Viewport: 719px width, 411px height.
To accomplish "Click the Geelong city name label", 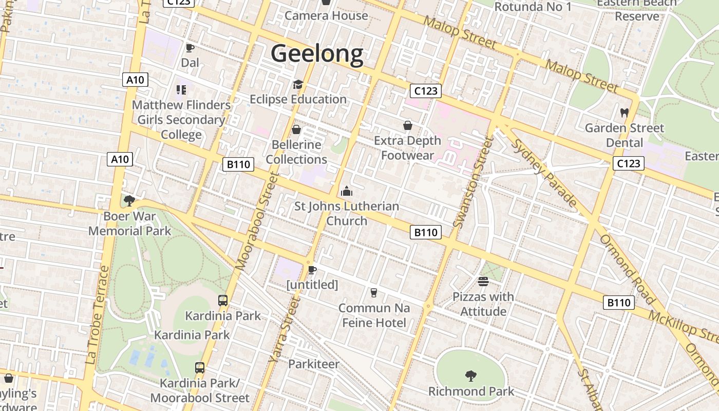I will point(317,53).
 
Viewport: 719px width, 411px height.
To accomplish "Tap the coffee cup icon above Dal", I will point(190,48).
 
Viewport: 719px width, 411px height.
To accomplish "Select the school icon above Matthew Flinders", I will point(181,90).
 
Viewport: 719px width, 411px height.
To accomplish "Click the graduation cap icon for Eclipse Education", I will point(298,85).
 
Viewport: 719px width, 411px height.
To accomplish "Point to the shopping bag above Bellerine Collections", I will point(296,129).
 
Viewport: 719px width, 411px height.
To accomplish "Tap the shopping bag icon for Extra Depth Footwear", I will point(408,125).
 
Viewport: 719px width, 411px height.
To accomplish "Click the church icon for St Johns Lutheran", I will point(347,192).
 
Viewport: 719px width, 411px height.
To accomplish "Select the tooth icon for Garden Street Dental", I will point(625,113).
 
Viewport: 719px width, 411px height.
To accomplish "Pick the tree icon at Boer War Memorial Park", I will point(129,200).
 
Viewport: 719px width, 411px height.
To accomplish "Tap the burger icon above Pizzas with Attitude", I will point(483,282).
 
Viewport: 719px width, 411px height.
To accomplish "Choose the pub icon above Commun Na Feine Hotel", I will point(374,293).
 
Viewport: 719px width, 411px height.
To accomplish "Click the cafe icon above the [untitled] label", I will point(312,270).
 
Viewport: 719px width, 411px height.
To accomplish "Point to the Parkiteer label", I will point(313,364).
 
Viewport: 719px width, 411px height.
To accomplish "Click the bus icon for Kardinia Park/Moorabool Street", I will point(200,368).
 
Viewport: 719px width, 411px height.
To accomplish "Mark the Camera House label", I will point(326,15).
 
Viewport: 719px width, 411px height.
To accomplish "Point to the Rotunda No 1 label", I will point(533,7).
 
